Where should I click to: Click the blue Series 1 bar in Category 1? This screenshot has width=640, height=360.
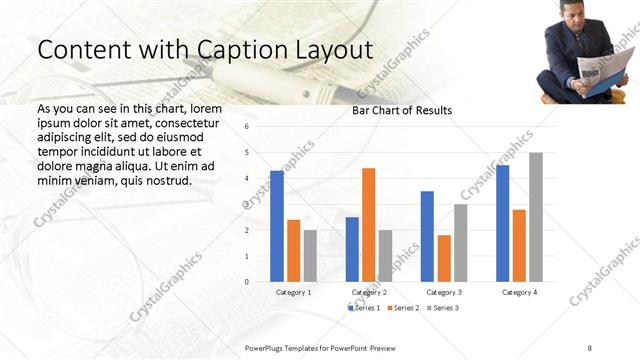click(x=277, y=226)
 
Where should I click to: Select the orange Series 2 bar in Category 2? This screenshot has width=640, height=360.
click(x=368, y=225)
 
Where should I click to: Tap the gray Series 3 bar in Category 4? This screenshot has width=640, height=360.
click(x=536, y=217)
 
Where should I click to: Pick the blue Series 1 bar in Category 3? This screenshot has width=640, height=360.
click(x=427, y=236)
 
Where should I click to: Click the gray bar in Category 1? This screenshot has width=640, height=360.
click(x=310, y=256)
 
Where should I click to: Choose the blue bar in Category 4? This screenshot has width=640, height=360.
click(x=502, y=223)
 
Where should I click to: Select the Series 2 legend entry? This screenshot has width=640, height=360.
click(x=402, y=308)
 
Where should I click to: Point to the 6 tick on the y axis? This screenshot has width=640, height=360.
click(x=246, y=127)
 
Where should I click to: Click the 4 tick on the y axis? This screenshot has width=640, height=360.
click(x=246, y=178)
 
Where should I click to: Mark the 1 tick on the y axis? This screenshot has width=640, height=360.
click(x=246, y=256)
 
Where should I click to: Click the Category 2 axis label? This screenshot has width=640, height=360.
click(x=369, y=292)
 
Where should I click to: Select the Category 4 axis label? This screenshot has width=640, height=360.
click(x=519, y=292)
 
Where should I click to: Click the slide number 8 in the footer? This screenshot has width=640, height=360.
click(x=590, y=346)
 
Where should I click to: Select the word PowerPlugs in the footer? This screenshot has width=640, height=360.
click(x=266, y=346)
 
